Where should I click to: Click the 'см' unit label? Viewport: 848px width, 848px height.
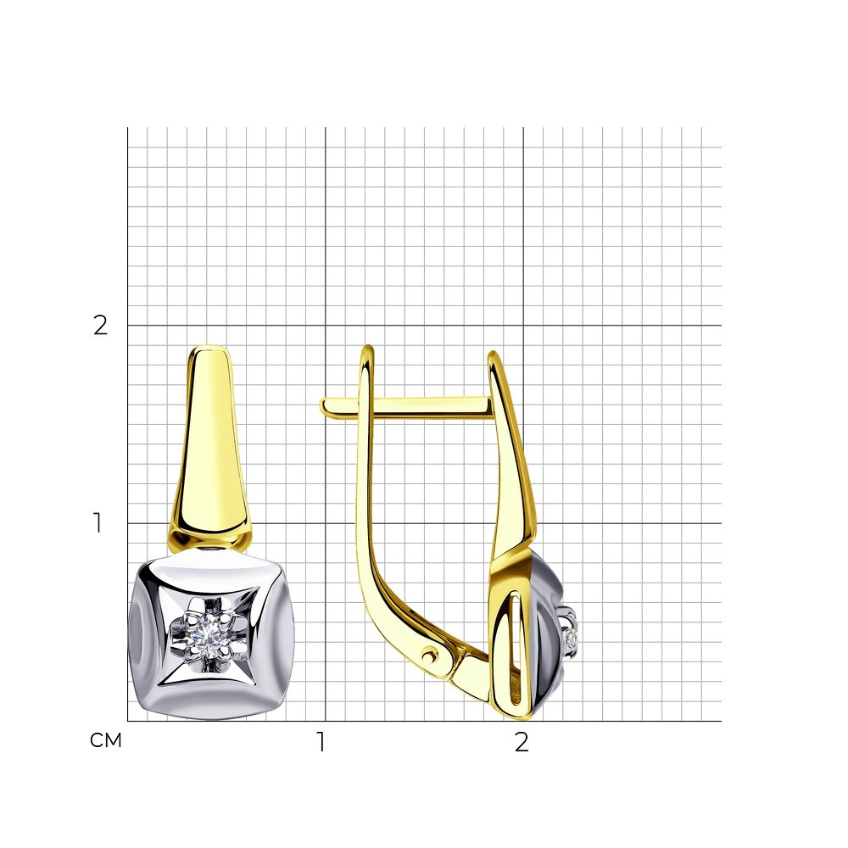pyautogui.click(x=105, y=740)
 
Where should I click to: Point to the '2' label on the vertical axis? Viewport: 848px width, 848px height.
pyautogui.click(x=101, y=325)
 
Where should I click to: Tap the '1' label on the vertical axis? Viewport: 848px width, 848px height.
pyautogui.click(x=98, y=523)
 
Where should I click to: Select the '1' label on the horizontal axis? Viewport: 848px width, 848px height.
pyautogui.click(x=321, y=742)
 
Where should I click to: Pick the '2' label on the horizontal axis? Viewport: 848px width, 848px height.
pyautogui.click(x=522, y=742)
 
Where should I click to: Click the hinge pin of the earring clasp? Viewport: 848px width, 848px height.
pyautogui.click(x=430, y=655)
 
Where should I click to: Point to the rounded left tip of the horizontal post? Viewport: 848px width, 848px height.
pyautogui.click(x=323, y=406)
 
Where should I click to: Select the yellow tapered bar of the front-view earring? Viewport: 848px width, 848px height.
pyautogui.click(x=209, y=444)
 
